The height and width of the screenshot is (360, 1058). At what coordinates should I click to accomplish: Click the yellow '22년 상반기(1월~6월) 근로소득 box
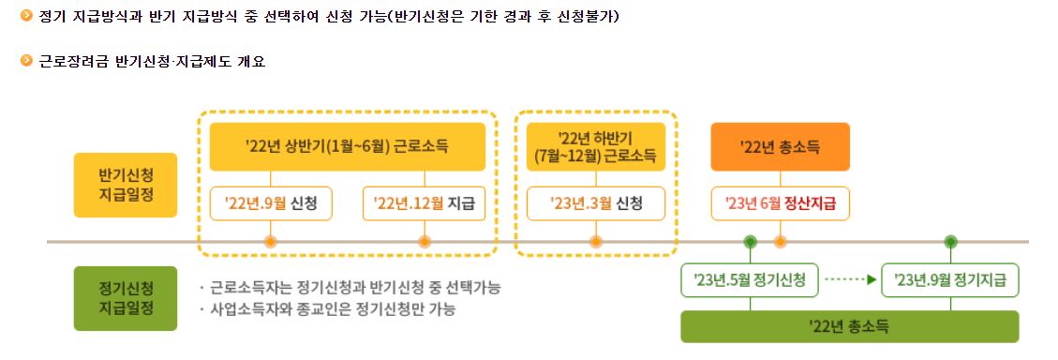[347, 146]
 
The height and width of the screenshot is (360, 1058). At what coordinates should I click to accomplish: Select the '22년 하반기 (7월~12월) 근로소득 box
[595, 146]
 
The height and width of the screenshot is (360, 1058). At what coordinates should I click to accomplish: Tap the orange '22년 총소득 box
[780, 146]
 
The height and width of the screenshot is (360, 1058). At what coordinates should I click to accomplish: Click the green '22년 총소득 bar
[849, 326]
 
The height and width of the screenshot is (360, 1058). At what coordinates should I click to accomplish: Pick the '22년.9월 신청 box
[271, 202]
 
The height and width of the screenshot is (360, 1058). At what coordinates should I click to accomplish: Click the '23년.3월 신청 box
[595, 202]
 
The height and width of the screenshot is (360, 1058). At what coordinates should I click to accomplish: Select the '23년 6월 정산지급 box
[780, 202]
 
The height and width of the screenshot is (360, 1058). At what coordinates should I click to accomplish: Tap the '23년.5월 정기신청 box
[751, 279]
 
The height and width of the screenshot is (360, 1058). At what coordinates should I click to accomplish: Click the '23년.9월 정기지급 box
[950, 279]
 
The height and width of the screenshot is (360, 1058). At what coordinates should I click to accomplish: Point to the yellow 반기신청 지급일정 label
[126, 185]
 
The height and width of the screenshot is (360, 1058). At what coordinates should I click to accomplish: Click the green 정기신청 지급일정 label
[126, 298]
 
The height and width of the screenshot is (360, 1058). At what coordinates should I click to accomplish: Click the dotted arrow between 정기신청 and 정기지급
[852, 279]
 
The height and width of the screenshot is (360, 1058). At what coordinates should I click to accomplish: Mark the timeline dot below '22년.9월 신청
[271, 242]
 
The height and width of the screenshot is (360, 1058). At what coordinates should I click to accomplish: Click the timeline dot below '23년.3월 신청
[595, 242]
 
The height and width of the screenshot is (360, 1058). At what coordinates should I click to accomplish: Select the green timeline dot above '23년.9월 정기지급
[950, 242]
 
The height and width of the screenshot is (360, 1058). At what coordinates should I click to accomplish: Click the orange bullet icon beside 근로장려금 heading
[27, 62]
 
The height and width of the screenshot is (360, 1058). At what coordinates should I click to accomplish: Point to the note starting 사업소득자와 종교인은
[334, 308]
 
